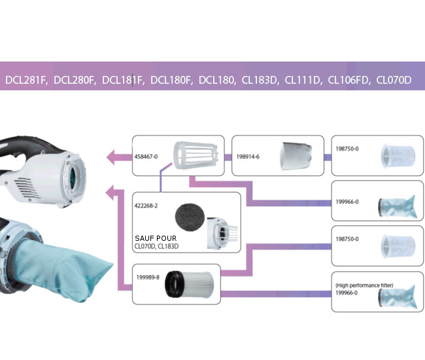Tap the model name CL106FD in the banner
(x=348, y=80)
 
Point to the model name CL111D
(x=303, y=80)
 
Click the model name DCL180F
(x=171, y=80)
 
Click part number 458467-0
(x=146, y=157)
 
